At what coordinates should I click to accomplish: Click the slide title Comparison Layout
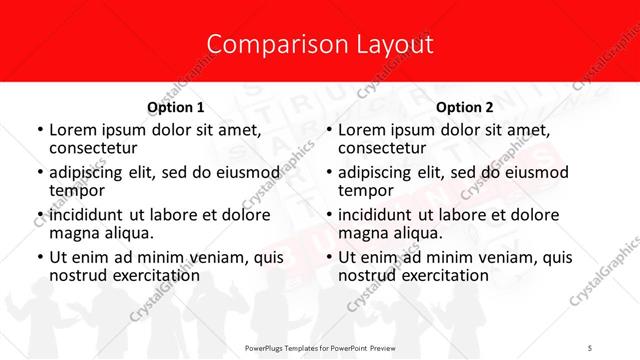[x=320, y=44]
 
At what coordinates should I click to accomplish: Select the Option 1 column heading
[x=176, y=107]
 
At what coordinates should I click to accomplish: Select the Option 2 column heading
[x=465, y=107]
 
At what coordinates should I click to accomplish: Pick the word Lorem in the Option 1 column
[x=72, y=130]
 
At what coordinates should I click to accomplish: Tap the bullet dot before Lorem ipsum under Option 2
[x=327, y=131]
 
